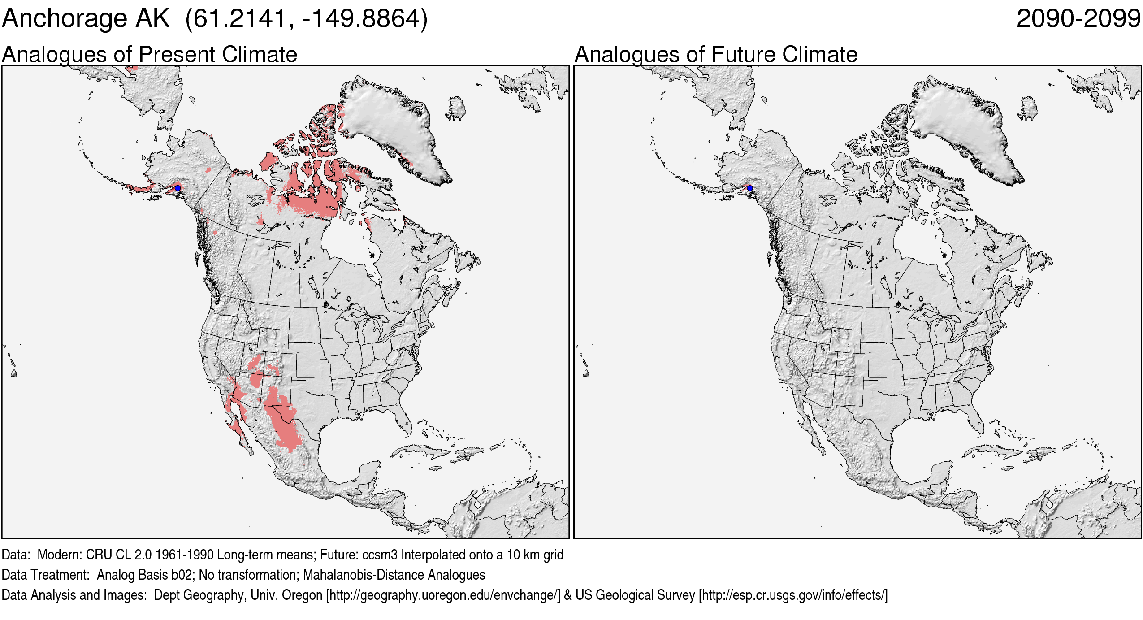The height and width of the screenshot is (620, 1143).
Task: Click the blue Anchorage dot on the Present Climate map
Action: (x=178, y=188)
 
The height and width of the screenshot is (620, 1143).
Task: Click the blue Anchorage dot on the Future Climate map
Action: (x=750, y=188)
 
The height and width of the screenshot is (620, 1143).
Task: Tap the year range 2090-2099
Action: (x=1078, y=19)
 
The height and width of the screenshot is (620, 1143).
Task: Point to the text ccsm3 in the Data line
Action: (x=379, y=555)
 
